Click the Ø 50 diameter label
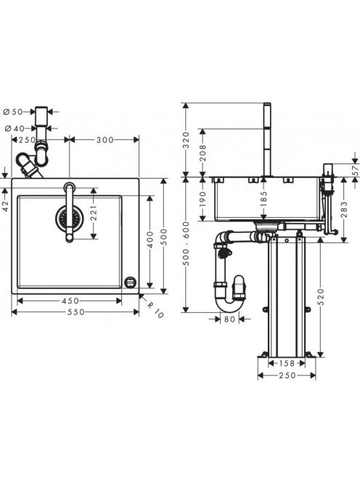point(13,112)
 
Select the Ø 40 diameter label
point(13,128)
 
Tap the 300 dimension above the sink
point(105,140)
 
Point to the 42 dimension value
point(5,205)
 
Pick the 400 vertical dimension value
point(150,240)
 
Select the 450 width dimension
point(70,301)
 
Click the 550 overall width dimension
point(75,312)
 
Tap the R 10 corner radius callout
point(155,310)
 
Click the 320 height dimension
point(187,140)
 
